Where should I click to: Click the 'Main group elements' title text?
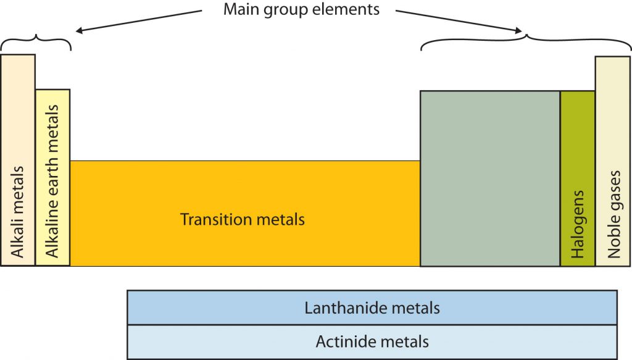302,10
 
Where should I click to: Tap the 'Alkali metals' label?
17,211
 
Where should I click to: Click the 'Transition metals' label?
243,219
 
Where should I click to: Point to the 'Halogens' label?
578,230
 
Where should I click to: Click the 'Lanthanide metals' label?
372,308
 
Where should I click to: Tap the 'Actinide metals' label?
372,341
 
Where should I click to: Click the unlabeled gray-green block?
490,179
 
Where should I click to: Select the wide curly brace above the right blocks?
526,42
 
